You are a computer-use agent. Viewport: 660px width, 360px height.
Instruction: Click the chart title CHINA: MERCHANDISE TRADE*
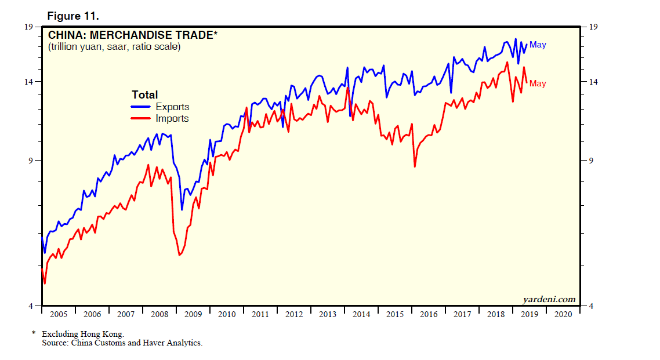[x=133, y=35]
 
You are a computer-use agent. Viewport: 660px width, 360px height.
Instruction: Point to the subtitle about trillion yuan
[x=114, y=47]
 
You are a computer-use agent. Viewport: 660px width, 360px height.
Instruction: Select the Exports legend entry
[x=172, y=107]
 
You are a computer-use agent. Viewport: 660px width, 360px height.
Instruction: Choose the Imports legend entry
[x=172, y=118]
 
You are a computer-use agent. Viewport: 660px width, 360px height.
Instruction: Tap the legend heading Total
[x=144, y=94]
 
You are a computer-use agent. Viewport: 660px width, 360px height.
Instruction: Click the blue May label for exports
[x=538, y=45]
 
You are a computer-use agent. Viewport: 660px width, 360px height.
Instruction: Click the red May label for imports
[x=538, y=83]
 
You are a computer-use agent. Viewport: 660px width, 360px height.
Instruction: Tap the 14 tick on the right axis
[x=593, y=82]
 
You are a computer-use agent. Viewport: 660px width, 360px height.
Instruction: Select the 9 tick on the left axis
[x=31, y=161]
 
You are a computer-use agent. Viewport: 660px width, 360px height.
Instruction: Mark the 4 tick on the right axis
[x=591, y=306]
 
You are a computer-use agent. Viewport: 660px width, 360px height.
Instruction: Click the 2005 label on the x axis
[x=58, y=314]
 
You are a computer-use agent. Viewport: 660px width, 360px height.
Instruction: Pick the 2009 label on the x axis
[x=193, y=314]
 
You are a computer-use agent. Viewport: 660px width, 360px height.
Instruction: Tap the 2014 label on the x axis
[x=361, y=314]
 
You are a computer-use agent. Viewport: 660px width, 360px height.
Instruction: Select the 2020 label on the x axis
[x=563, y=314]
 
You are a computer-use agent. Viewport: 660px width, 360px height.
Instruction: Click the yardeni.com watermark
[x=549, y=299]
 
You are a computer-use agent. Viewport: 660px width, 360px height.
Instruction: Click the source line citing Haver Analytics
[x=122, y=343]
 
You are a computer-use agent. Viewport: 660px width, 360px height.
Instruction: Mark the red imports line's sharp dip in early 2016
[x=415, y=166]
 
